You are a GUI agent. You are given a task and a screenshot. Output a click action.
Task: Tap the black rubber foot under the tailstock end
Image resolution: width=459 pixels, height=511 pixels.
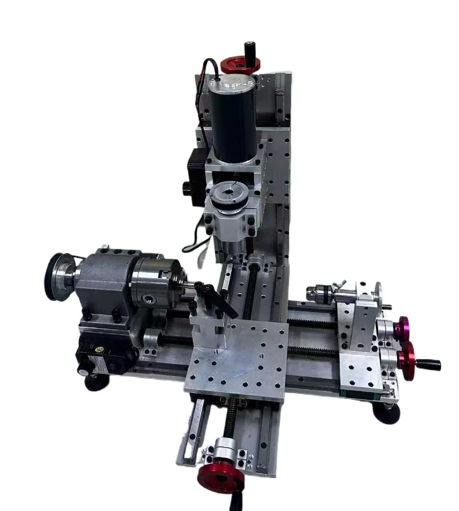point(386,412)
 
